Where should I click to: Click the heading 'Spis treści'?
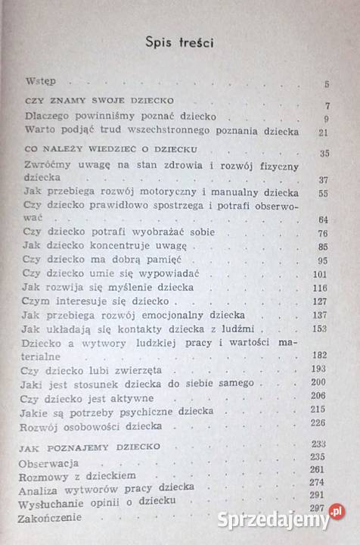[x=179, y=43]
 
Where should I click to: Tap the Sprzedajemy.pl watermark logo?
[x=281, y=520]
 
